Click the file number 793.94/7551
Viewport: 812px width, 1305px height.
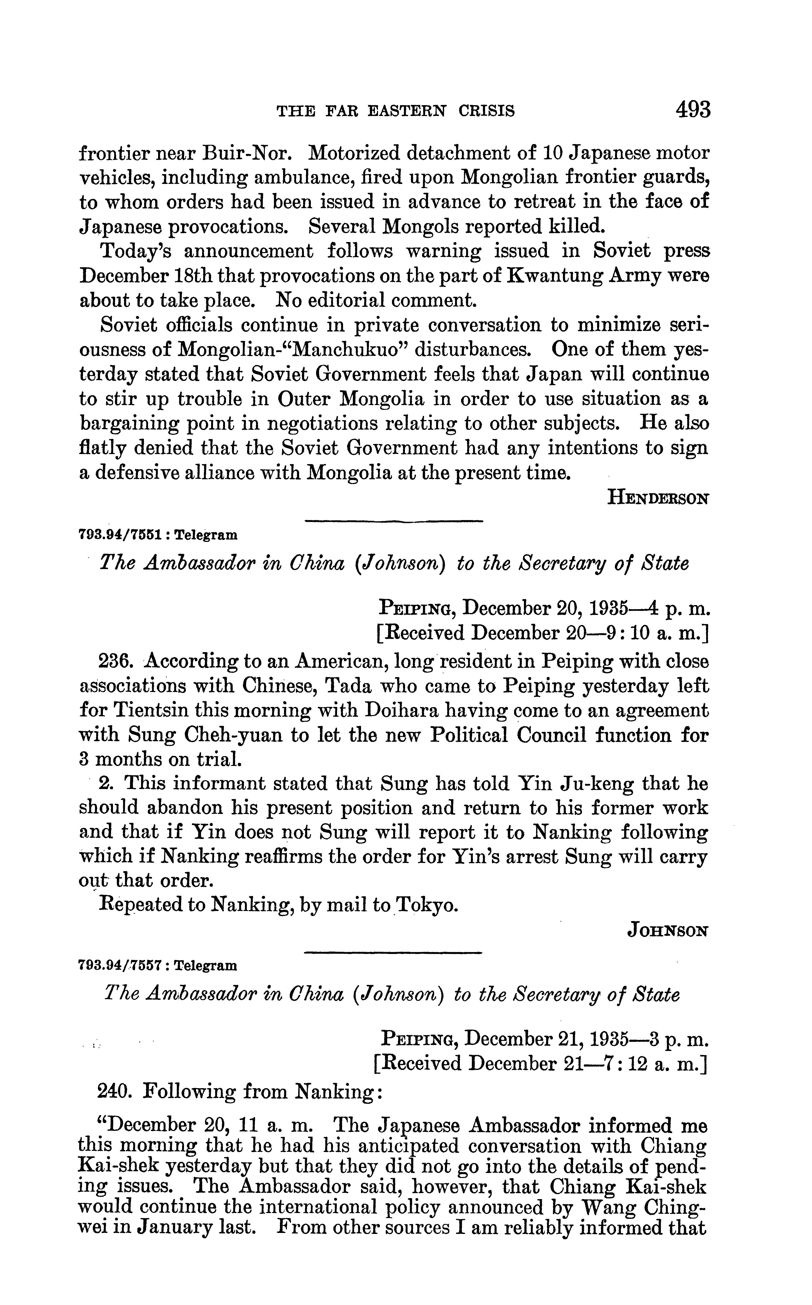(121, 535)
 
